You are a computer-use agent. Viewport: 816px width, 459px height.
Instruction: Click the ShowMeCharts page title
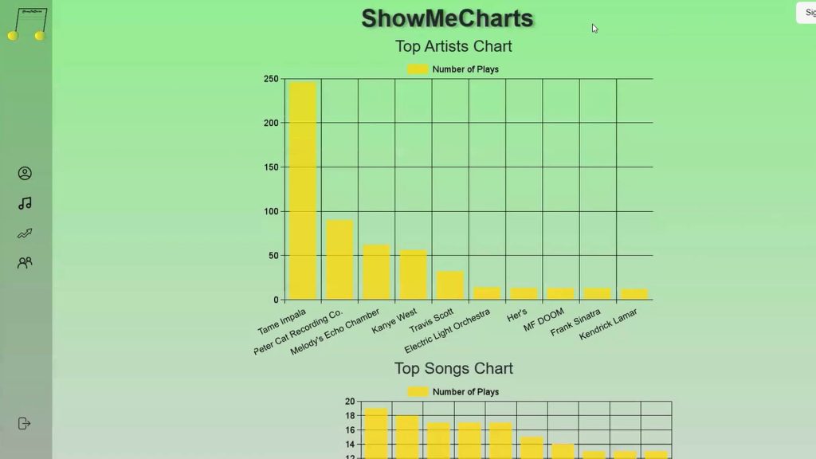[447, 18]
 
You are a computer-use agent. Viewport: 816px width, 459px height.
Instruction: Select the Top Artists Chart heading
[453, 46]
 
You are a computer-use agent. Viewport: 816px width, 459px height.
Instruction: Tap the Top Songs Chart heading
[453, 368]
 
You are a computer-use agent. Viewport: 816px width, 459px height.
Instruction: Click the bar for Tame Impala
[303, 191]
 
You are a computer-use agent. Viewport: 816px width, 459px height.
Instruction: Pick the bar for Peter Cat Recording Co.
[339, 260]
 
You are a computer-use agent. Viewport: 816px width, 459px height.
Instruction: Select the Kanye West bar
[413, 275]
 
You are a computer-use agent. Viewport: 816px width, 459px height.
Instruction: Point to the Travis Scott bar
[450, 285]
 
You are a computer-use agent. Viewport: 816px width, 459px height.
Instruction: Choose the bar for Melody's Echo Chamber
[376, 272]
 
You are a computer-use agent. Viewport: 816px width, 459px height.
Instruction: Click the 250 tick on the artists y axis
[271, 79]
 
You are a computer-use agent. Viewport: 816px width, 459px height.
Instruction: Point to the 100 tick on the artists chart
[271, 211]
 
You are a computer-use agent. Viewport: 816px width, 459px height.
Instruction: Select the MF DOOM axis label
[543, 320]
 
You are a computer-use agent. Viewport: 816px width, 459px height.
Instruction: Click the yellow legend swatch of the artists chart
[418, 69]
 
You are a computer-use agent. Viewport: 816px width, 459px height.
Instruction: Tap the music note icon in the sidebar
[25, 203]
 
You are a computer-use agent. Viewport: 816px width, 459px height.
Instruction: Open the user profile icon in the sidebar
[25, 173]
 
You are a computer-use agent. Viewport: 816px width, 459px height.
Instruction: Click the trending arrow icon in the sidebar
[25, 233]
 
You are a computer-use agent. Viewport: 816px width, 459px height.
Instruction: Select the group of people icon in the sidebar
[25, 263]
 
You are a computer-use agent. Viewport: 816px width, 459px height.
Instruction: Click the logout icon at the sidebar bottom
[24, 423]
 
